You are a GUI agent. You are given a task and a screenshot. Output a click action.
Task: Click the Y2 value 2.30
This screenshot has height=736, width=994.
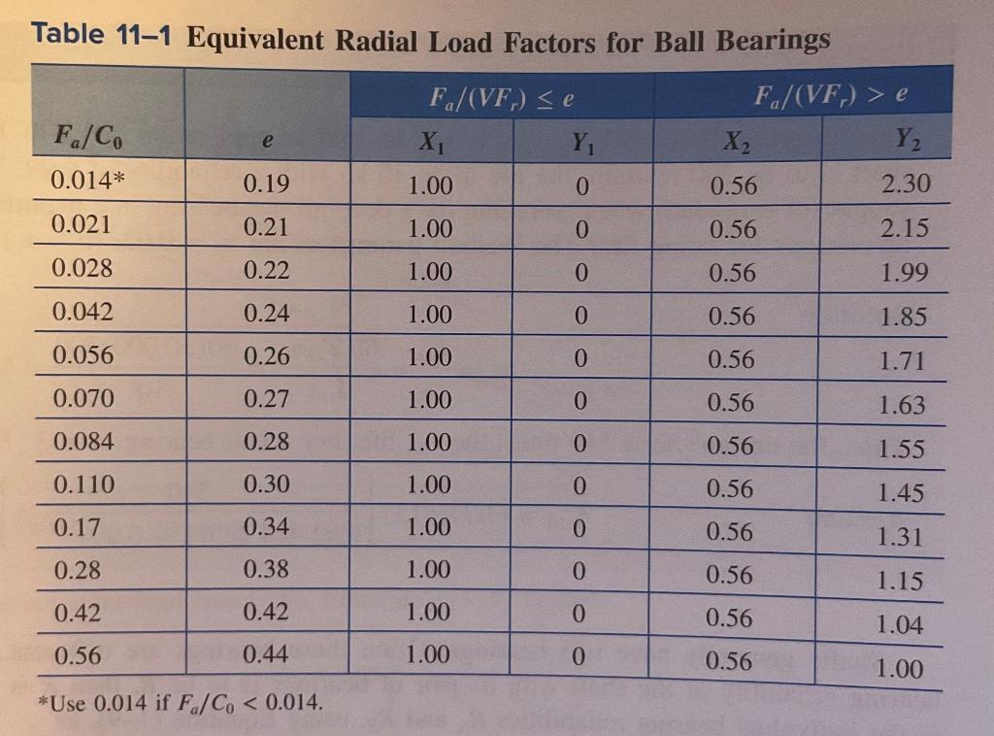pos(906,184)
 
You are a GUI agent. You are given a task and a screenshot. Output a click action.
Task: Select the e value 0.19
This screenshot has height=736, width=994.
pos(266,184)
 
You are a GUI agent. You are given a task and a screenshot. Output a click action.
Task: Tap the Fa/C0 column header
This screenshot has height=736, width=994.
pos(88,137)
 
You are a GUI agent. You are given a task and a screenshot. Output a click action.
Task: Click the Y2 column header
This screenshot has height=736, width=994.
pos(908,139)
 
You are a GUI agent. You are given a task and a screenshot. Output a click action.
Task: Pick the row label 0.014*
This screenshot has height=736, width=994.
pos(87,180)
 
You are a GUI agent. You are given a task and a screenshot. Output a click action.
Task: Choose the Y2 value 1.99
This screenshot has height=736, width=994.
pos(905,273)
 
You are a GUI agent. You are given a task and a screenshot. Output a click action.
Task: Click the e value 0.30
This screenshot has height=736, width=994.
pos(266,485)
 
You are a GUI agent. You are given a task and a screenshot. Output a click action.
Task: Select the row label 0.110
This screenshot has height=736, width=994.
pos(83,485)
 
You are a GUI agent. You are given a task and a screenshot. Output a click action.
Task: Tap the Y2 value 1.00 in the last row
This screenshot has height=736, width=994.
pos(899,669)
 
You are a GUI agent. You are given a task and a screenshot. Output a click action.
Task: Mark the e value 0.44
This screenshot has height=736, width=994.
pos(266,653)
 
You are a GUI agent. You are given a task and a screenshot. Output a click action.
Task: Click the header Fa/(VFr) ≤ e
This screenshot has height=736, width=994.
pos(502,98)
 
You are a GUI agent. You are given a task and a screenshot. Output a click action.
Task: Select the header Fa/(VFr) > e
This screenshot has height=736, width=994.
pos(831,95)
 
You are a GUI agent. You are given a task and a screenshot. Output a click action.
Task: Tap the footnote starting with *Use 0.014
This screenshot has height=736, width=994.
pos(180,703)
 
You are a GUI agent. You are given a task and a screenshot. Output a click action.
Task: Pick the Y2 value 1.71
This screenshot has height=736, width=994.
pos(903,361)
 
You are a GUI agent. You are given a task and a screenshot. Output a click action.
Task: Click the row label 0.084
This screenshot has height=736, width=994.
pos(83,441)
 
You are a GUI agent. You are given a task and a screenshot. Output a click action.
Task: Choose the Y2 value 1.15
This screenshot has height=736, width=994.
pos(900,582)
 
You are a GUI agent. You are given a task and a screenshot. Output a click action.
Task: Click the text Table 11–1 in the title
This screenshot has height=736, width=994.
pos(101,35)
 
